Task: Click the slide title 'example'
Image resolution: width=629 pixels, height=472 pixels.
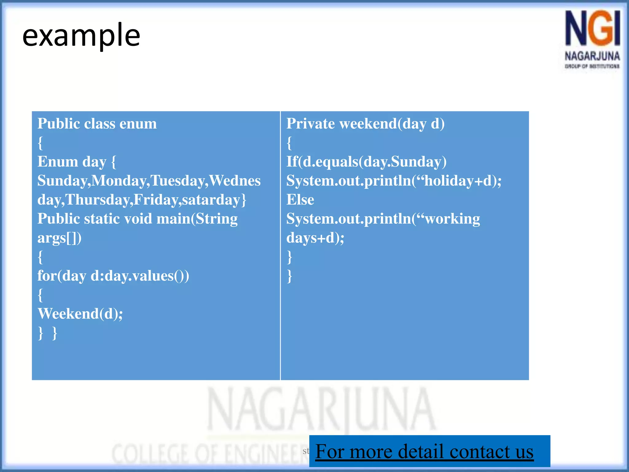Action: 81,36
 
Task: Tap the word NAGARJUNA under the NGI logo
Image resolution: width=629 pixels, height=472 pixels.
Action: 592,56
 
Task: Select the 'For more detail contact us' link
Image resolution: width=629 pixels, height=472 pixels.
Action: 424,451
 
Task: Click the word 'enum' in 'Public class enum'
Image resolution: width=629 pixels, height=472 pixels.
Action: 138,124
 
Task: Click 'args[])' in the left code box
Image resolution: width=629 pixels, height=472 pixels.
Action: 59,238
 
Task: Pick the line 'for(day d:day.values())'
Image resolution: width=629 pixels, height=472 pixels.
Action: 113,276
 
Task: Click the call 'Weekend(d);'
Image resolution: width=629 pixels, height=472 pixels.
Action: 80,314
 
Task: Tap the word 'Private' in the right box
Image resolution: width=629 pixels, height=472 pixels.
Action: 311,124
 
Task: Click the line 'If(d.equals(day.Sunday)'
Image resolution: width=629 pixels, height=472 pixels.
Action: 366,162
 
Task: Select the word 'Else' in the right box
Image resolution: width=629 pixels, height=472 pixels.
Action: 300,200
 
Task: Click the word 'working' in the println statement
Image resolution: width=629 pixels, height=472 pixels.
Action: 452,219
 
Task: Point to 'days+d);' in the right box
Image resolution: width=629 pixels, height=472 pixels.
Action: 315,238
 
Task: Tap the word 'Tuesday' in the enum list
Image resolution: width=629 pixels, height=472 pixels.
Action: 177,181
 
